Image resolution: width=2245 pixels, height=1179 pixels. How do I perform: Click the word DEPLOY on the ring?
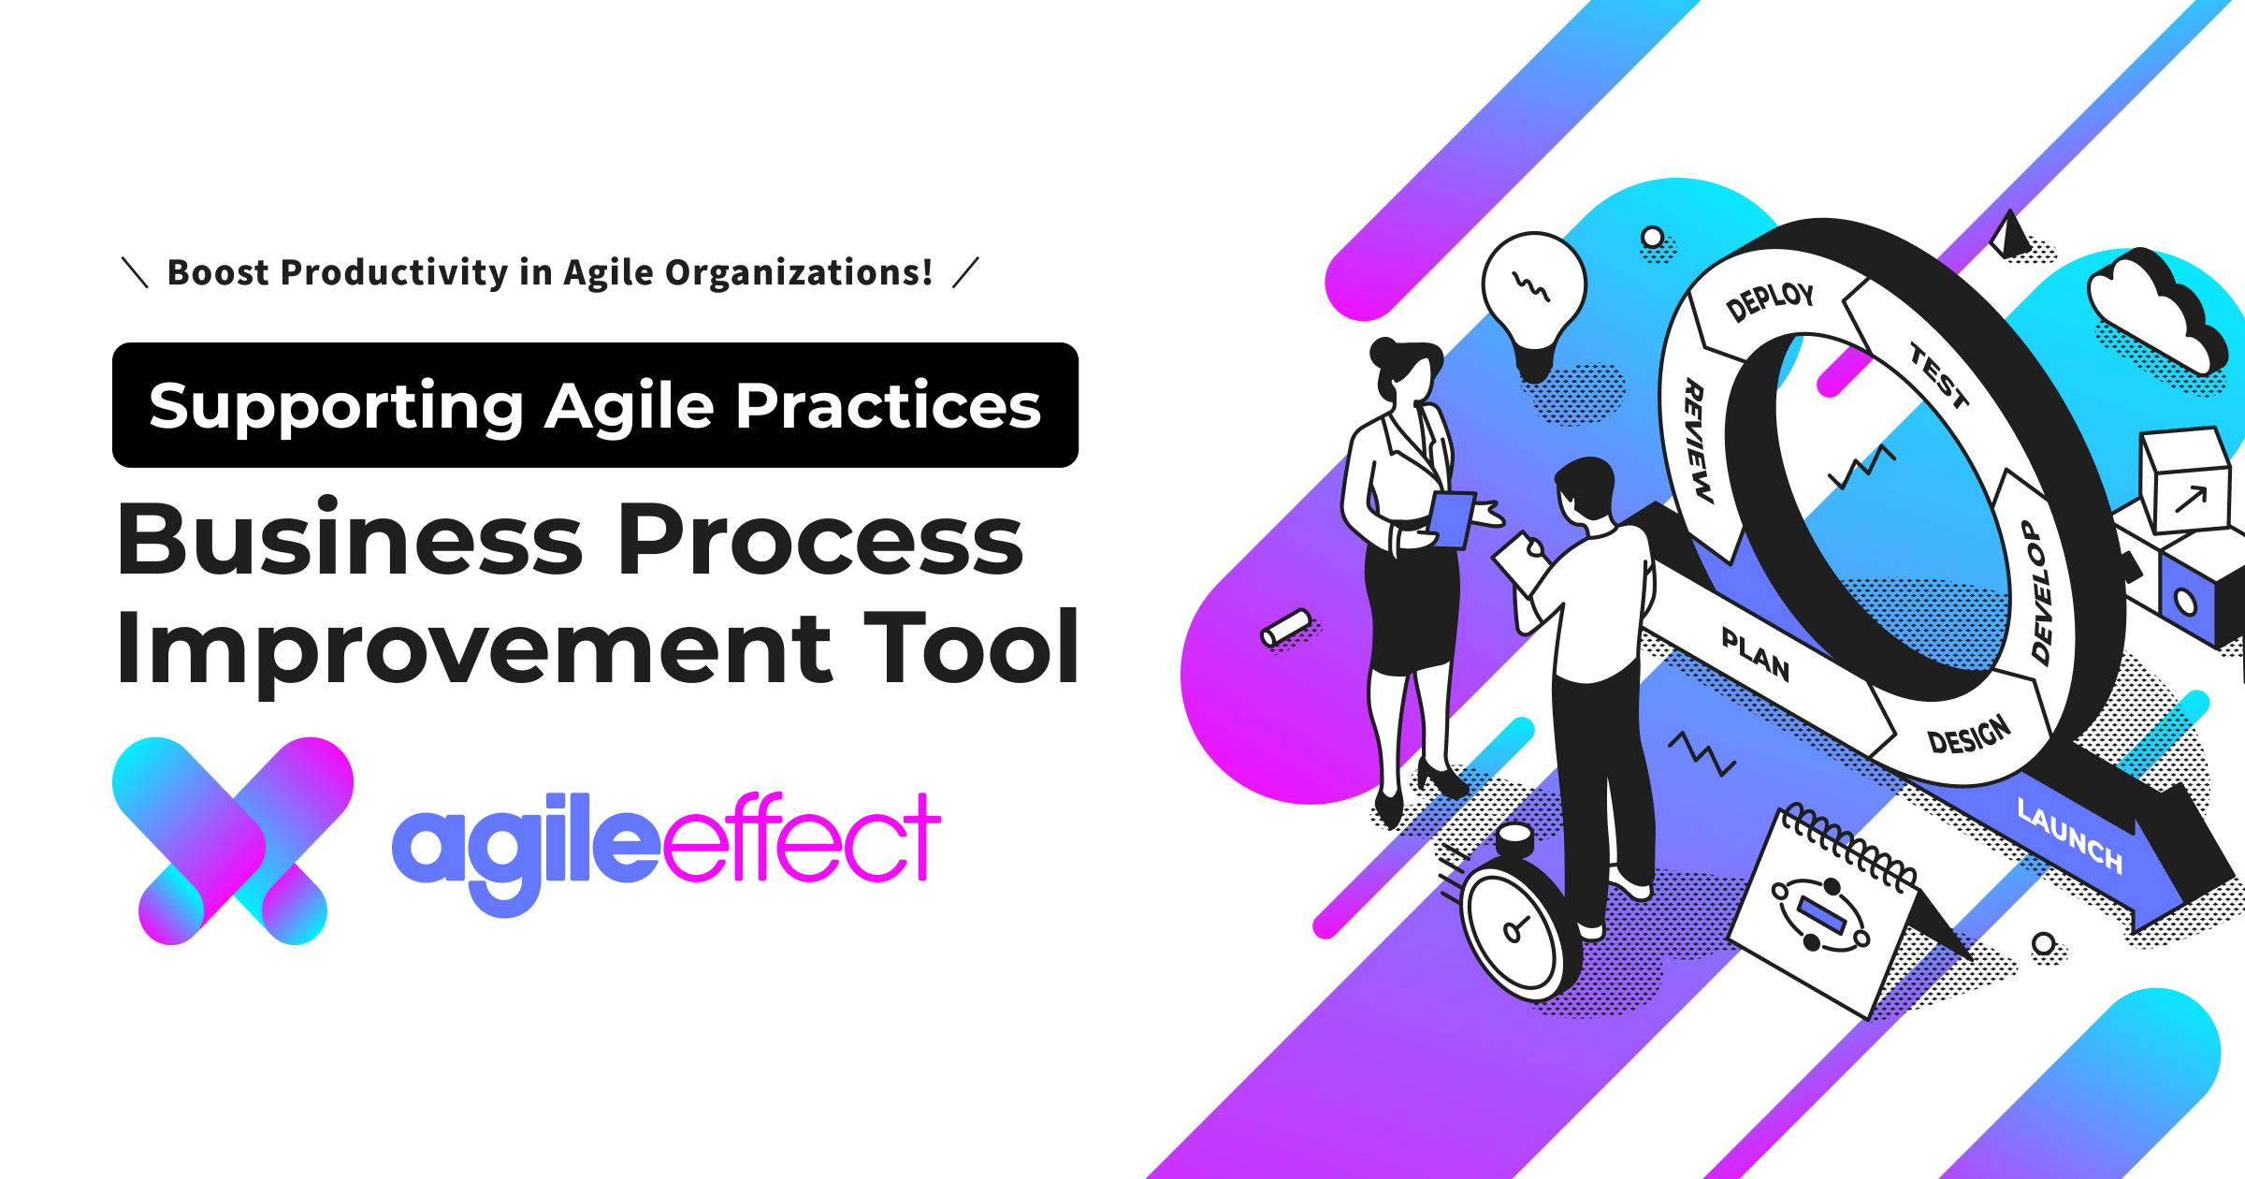1769,301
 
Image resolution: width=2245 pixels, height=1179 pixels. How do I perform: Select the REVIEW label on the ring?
1698,440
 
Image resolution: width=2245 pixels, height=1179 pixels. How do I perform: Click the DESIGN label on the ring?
1969,735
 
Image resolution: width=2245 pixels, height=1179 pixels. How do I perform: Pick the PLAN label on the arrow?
1756,654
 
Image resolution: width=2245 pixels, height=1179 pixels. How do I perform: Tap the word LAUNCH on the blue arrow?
2069,836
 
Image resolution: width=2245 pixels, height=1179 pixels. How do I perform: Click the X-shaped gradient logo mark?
233,840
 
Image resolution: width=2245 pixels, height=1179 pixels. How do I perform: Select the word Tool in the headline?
973,648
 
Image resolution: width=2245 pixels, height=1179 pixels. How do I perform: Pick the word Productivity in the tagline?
394,272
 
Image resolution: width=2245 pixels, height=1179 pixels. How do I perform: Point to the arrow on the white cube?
2191,499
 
